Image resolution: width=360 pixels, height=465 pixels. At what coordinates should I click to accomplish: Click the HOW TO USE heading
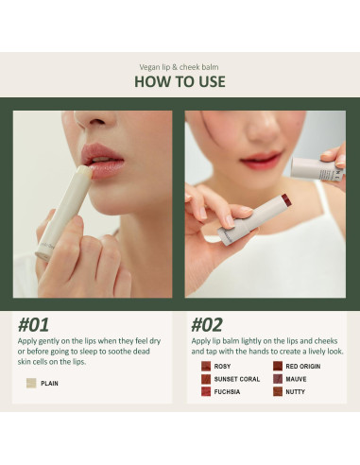tap(180, 81)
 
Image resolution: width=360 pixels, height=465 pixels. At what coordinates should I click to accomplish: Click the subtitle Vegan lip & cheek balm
tap(179, 67)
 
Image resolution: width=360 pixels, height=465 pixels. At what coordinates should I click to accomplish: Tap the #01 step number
tap(33, 325)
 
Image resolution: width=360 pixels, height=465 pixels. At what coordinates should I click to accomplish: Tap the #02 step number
tap(207, 325)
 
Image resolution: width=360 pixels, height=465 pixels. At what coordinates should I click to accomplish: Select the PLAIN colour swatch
tap(31, 383)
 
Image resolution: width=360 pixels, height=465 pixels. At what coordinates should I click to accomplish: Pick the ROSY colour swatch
tap(206, 366)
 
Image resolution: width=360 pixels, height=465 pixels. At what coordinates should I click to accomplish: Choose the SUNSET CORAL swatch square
tap(206, 379)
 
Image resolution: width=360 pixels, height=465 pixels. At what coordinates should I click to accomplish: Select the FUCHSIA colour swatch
tap(206, 391)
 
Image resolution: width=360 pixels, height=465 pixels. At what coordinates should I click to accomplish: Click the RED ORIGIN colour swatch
tap(278, 366)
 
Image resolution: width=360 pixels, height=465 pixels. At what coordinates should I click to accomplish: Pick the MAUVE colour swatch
tap(278, 379)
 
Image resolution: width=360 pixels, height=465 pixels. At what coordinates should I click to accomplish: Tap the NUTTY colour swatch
tap(278, 391)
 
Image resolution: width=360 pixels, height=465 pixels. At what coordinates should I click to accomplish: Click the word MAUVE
tap(296, 379)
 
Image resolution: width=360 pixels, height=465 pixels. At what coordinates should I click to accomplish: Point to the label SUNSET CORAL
tap(237, 379)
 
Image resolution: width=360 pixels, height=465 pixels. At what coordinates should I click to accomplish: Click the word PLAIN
tap(49, 384)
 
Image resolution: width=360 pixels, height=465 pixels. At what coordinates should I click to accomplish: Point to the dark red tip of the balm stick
tap(286, 199)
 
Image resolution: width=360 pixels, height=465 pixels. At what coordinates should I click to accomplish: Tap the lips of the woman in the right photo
tap(261, 160)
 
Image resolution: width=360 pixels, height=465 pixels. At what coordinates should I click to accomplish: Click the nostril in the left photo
tap(97, 121)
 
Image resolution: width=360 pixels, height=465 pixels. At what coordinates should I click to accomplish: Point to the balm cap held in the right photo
tap(316, 169)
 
